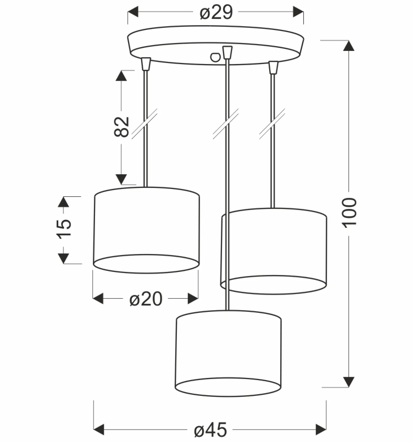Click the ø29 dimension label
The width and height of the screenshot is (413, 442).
tap(216, 12)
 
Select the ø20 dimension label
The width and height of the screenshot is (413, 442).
tap(146, 299)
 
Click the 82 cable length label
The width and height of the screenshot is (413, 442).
tap(121, 127)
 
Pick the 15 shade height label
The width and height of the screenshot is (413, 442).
tap(63, 229)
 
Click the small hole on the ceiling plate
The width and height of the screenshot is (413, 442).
tap(215, 57)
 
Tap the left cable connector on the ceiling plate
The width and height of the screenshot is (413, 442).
tap(146, 64)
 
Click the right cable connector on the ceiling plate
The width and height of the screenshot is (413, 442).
tap(273, 68)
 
